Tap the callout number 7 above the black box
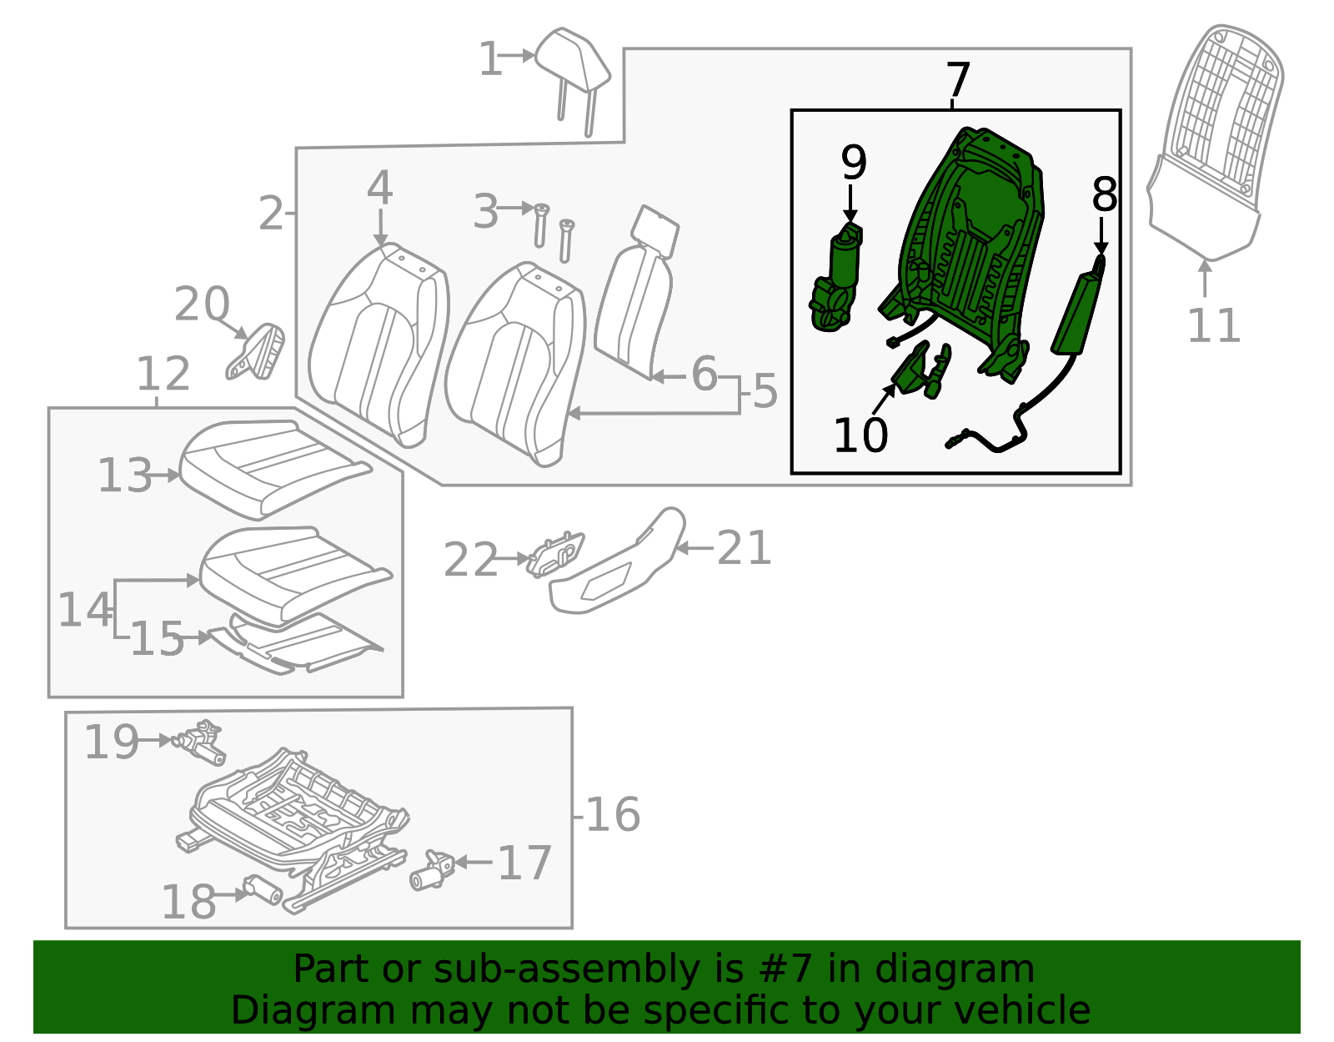958,81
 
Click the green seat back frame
967,242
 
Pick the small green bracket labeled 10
917,372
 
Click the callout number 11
1213,325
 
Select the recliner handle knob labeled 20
258,351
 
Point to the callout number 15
157,640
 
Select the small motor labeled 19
200,742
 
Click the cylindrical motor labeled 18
263,892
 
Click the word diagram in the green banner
985,969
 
